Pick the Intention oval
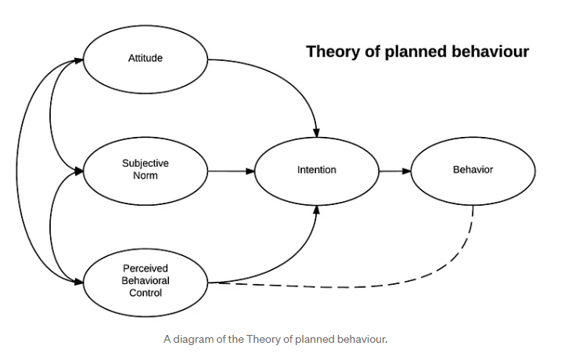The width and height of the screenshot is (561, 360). (x=317, y=170)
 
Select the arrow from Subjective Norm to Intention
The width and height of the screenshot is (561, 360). (x=231, y=170)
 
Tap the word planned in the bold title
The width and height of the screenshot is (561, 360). (x=412, y=52)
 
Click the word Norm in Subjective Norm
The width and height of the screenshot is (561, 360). (x=145, y=175)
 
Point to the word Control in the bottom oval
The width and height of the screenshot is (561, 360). (x=145, y=293)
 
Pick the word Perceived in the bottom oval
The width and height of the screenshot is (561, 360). (x=145, y=268)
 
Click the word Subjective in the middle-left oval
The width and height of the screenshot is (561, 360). (x=145, y=164)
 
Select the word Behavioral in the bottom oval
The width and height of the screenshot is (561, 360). (x=145, y=280)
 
